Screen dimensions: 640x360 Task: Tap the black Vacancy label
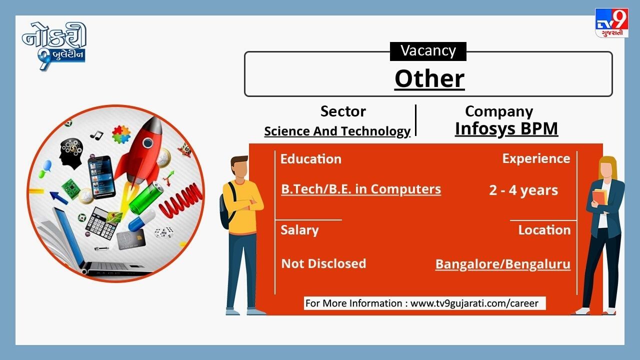coord(428,51)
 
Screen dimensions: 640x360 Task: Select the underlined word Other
coord(429,79)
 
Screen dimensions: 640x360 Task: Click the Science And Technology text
coord(337,131)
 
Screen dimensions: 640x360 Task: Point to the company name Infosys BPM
coord(506,128)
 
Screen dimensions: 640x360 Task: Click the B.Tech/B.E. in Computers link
coord(361,189)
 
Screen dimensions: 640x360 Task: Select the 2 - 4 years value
coord(523,190)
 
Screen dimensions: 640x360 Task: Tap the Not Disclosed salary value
coord(323,263)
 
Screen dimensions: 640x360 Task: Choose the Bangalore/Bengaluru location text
coord(503,264)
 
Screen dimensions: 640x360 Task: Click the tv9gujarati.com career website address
coord(474,303)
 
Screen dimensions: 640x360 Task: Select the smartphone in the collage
coord(101,177)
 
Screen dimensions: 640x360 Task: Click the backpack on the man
coord(227,205)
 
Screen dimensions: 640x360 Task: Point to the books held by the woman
coord(599,197)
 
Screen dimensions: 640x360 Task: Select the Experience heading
coord(536,158)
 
